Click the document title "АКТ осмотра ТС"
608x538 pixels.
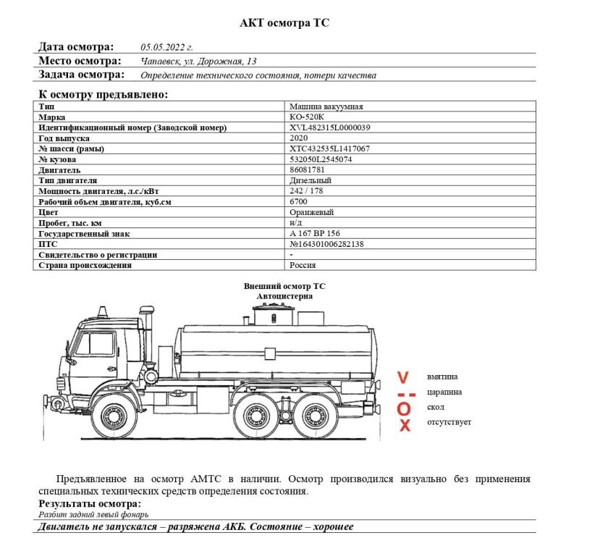(x=284, y=23)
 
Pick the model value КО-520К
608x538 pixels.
(x=307, y=117)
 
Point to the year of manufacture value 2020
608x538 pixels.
(x=298, y=138)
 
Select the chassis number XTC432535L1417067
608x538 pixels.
(x=329, y=149)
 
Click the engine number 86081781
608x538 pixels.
(x=307, y=170)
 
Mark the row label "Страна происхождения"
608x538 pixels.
(x=85, y=266)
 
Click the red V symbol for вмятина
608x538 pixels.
(x=404, y=377)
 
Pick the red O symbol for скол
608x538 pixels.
(x=404, y=409)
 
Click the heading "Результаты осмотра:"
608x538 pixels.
(x=89, y=504)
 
